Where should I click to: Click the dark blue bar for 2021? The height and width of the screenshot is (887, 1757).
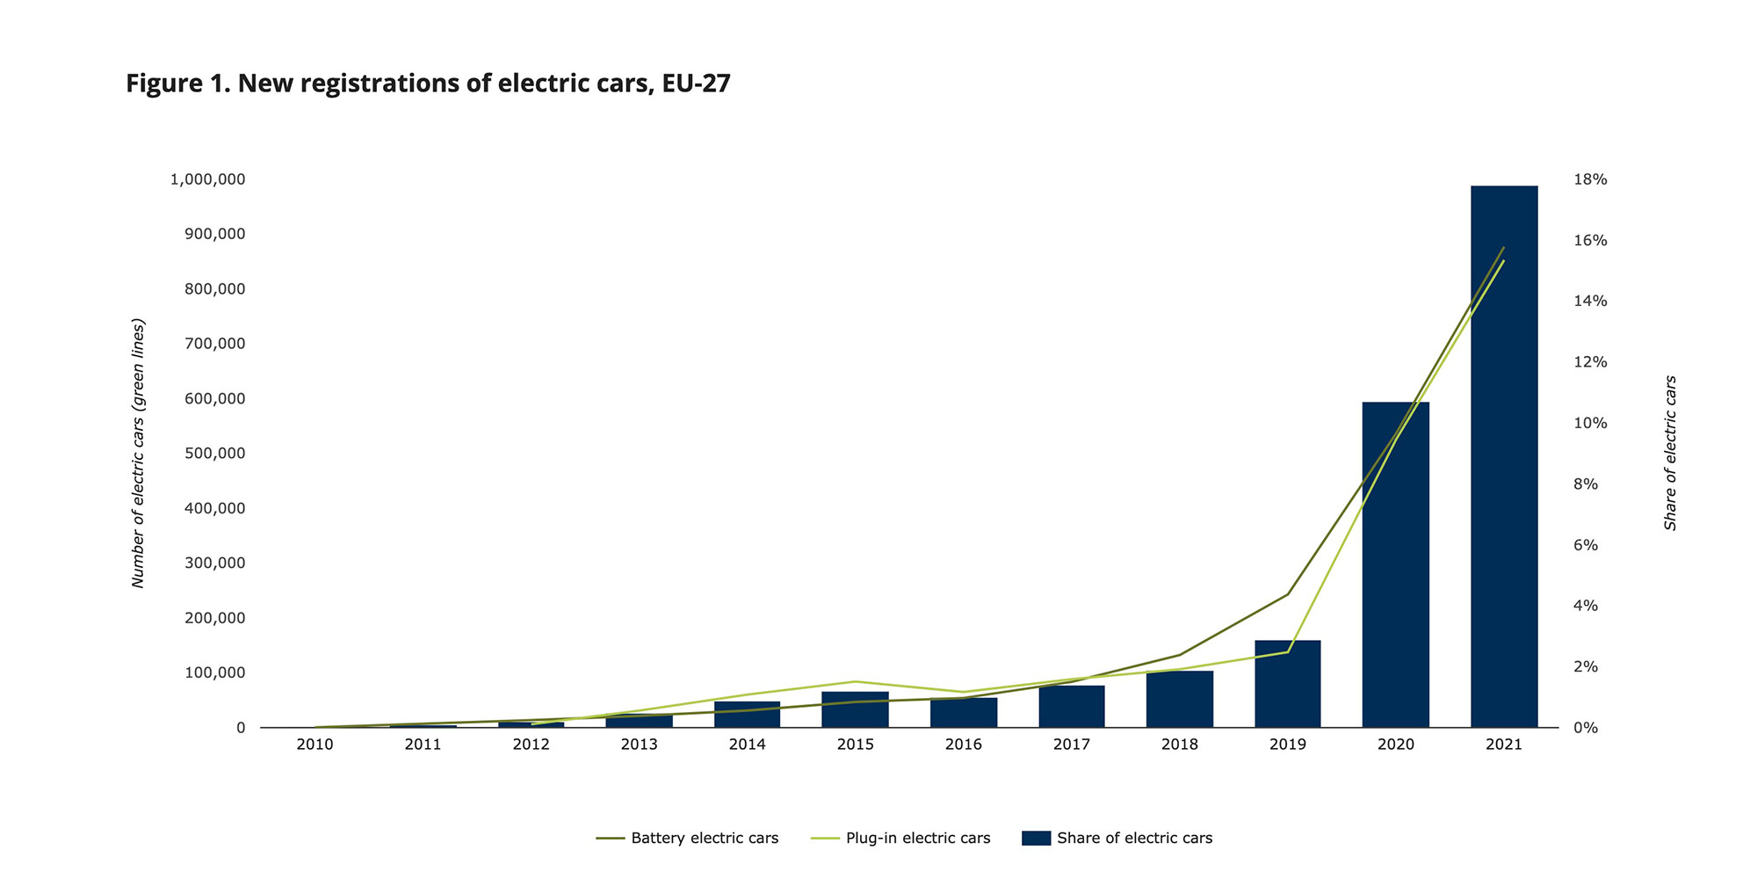coord(1504,457)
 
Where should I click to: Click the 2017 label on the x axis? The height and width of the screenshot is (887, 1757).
coord(1072,745)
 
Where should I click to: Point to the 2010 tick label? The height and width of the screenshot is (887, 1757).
coord(315,745)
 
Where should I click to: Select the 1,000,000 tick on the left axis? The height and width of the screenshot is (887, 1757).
coord(207,179)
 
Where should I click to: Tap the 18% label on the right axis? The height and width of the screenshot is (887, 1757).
coord(1590,179)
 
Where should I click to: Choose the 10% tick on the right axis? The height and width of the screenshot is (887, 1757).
coord(1590,423)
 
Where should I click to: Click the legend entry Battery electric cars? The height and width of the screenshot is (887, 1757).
coord(704,838)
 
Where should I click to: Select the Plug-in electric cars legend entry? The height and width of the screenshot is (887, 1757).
coord(917,838)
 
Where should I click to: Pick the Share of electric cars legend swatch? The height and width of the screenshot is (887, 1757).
coord(1037,838)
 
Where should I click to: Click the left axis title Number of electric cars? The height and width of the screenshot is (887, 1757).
coord(138,454)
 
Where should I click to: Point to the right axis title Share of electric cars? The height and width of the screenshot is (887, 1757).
coord(1670,454)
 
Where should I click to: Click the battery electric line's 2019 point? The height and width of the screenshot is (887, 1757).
coord(1288,594)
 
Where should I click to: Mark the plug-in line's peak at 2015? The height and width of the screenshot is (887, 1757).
coord(856,681)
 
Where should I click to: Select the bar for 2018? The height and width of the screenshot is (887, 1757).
coord(1180,701)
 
